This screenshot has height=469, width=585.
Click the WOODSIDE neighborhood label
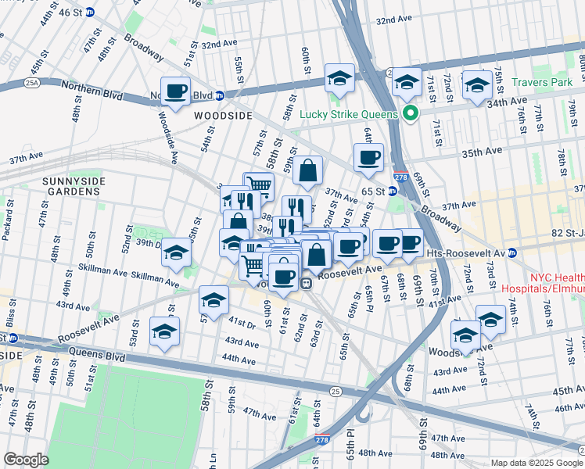tap(223, 115)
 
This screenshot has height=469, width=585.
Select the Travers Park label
tap(544, 81)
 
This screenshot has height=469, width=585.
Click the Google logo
tap(26, 460)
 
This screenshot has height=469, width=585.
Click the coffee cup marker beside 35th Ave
tap(368, 158)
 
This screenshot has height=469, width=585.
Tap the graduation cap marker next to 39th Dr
tap(177, 252)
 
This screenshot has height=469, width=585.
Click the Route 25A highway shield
tap(31, 81)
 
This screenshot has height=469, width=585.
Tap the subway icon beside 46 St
tap(90, 12)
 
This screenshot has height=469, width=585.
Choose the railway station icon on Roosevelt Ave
tap(308, 283)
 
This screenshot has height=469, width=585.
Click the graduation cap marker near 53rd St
tap(164, 331)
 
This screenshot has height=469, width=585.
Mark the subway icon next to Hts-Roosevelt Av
tap(512, 252)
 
